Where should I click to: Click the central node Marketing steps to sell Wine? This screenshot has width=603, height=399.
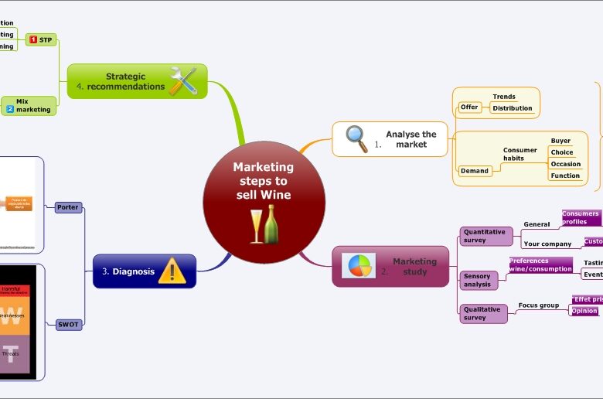[264, 180]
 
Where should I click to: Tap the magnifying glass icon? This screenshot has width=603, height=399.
[356, 138]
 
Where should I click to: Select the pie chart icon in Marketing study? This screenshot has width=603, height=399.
[358, 266]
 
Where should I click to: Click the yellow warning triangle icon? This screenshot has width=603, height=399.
[172, 271]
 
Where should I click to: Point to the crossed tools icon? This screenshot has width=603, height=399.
[183, 80]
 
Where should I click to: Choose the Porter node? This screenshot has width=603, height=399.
[69, 207]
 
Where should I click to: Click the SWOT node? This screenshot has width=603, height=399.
[69, 325]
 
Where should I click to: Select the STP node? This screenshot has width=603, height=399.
[42, 39]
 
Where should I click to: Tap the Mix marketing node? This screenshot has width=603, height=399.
[29, 105]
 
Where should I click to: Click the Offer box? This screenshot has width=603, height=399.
[469, 107]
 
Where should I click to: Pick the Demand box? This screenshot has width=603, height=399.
[475, 170]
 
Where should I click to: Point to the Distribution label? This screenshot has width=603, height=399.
[513, 108]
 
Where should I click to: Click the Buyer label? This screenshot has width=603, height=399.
[560, 141]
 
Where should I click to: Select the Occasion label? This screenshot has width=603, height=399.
[565, 164]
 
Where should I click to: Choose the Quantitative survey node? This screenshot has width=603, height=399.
[484, 236]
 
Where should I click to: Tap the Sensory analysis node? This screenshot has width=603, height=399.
[477, 280]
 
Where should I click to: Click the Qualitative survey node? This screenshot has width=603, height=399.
[482, 313]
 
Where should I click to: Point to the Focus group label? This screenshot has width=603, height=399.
[538, 305]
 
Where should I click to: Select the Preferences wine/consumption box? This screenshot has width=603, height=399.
[540, 265]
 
